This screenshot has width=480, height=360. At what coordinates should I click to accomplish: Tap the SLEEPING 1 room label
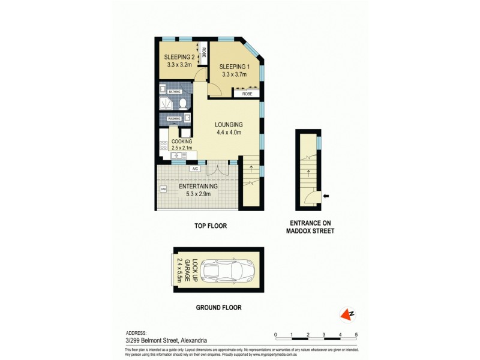[x=233, y=67]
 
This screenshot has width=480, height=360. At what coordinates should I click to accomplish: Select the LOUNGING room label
[x=229, y=125]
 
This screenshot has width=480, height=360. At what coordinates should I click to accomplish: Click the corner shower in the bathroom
[x=166, y=104]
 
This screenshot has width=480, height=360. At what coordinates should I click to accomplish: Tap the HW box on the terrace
[x=163, y=190]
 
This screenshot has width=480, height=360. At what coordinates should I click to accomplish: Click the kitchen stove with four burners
[x=164, y=145]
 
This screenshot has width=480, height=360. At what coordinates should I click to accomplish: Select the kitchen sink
[x=178, y=156]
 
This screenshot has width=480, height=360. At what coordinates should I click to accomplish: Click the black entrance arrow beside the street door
[x=326, y=196]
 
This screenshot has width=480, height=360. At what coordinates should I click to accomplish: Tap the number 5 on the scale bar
[x=356, y=334]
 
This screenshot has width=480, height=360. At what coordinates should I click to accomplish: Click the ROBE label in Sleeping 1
[x=246, y=94]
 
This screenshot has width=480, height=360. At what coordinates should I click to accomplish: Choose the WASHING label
[x=175, y=119]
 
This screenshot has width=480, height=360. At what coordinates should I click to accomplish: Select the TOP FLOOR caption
[x=210, y=226]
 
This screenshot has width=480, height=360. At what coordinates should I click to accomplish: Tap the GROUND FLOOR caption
[x=219, y=308]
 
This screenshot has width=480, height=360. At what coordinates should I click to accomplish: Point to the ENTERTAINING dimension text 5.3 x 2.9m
[x=199, y=193]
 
